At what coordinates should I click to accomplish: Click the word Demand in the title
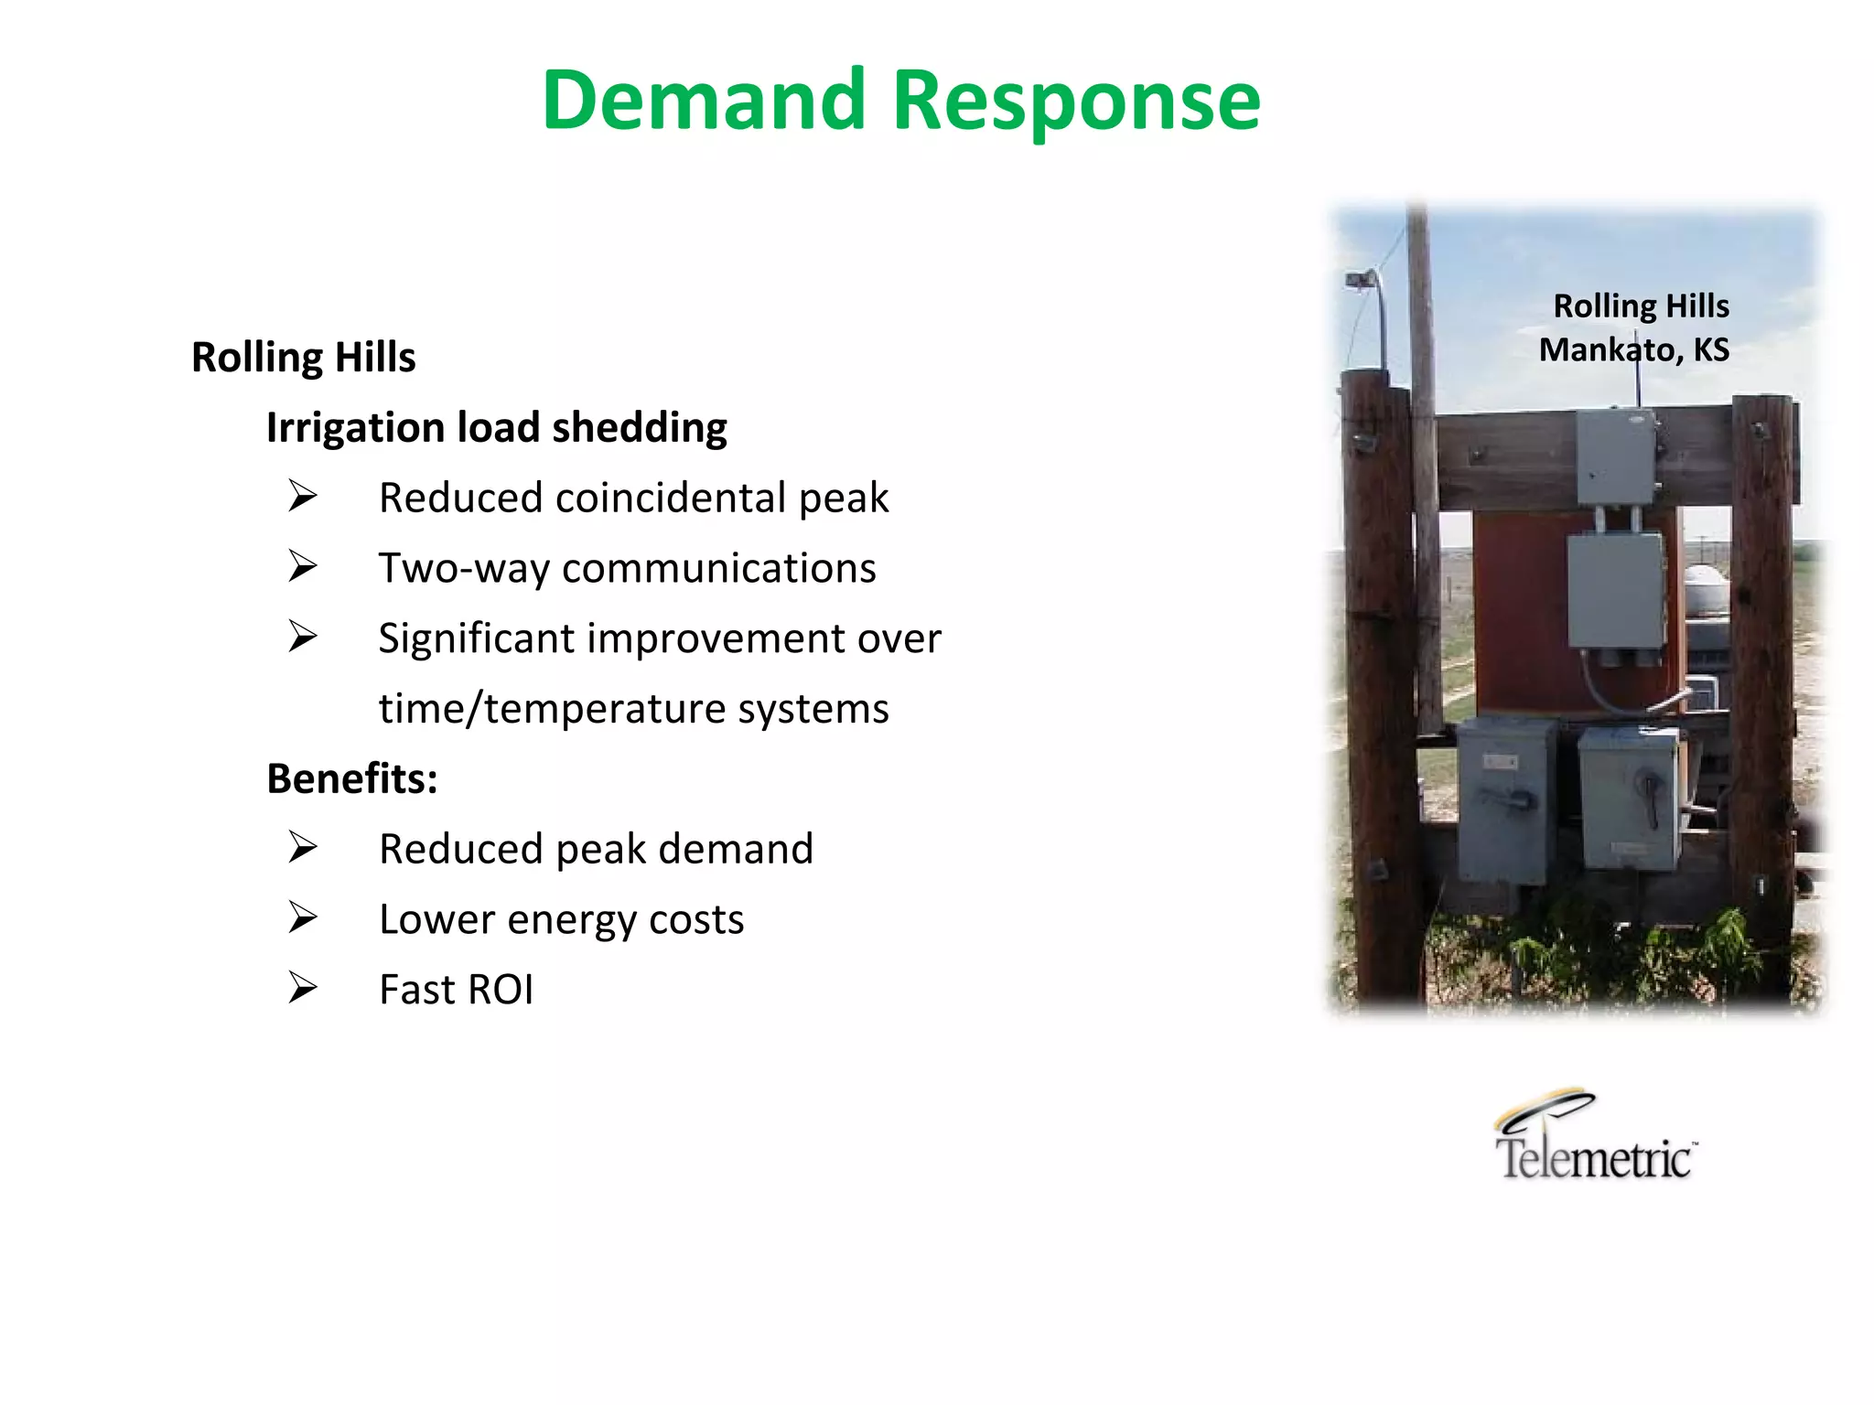(x=703, y=101)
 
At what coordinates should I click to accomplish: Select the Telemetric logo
(x=1595, y=1137)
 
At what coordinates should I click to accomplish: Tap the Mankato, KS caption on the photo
(x=1633, y=349)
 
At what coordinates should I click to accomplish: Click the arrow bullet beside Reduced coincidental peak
(x=302, y=497)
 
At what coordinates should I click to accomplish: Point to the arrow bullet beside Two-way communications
(x=302, y=567)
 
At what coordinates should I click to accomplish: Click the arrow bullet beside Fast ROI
(x=302, y=989)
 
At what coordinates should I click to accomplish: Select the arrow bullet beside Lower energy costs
(x=302, y=918)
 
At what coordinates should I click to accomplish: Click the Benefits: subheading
(x=352, y=778)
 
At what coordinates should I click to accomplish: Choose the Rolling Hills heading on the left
(x=303, y=357)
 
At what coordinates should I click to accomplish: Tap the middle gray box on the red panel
(x=1616, y=592)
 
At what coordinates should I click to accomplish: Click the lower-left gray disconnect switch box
(x=1503, y=801)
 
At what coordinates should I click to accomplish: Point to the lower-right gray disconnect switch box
(x=1630, y=796)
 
